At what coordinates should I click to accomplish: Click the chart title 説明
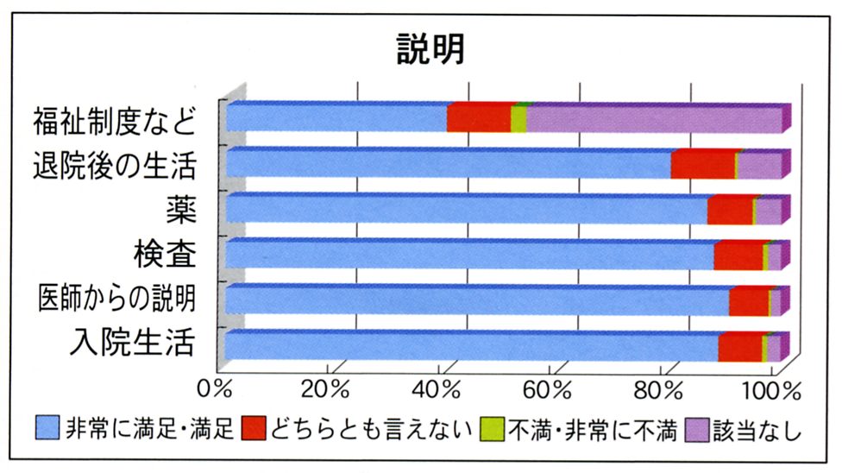[430, 50]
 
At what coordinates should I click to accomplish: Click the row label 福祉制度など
[114, 120]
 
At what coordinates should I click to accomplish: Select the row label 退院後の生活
[114, 164]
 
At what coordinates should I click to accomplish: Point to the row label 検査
[164, 255]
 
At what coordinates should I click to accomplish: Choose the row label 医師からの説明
[116, 299]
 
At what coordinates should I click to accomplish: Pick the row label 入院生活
[129, 344]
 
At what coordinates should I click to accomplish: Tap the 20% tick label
[327, 387]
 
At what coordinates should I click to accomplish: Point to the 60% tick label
[550, 387]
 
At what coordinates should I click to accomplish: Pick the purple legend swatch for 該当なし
[695, 427]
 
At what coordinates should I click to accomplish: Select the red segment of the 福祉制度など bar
[479, 118]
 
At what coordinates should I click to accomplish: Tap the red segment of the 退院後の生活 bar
[702, 164]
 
